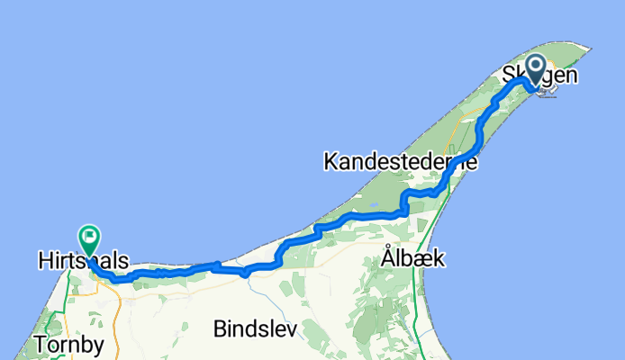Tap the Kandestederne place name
coord(399,162)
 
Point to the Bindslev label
coord(255,329)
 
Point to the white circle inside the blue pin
coord(537,66)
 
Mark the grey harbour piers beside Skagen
coord(548,90)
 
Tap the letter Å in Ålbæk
coord(389,257)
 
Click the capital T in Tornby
coord(39,344)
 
